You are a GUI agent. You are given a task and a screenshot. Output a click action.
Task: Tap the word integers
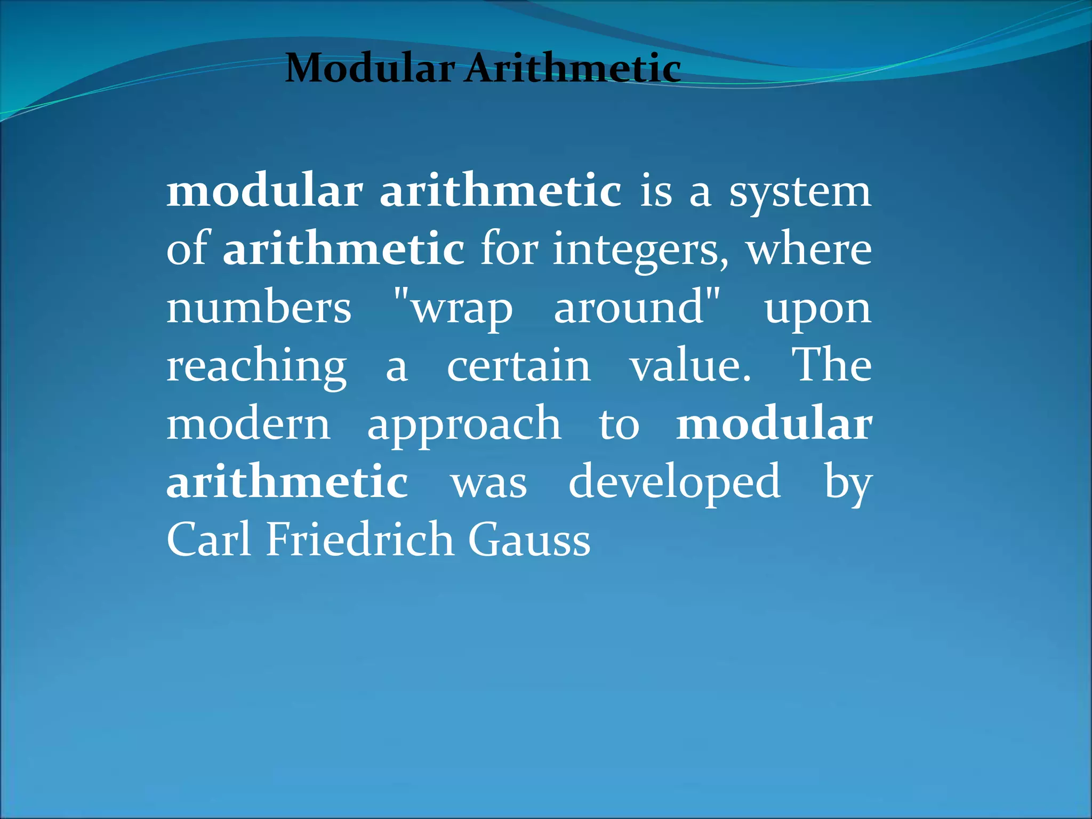click(x=640, y=251)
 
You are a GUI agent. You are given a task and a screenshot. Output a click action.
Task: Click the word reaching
click(x=256, y=368)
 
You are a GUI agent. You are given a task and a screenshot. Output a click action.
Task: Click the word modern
click(x=248, y=425)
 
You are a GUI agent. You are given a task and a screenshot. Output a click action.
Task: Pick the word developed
click(x=675, y=483)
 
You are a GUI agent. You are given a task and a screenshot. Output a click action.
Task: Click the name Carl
click(x=208, y=540)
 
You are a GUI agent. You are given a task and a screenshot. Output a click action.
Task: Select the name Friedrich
click(x=360, y=540)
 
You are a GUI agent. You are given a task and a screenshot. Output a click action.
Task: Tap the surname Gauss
click(x=529, y=540)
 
